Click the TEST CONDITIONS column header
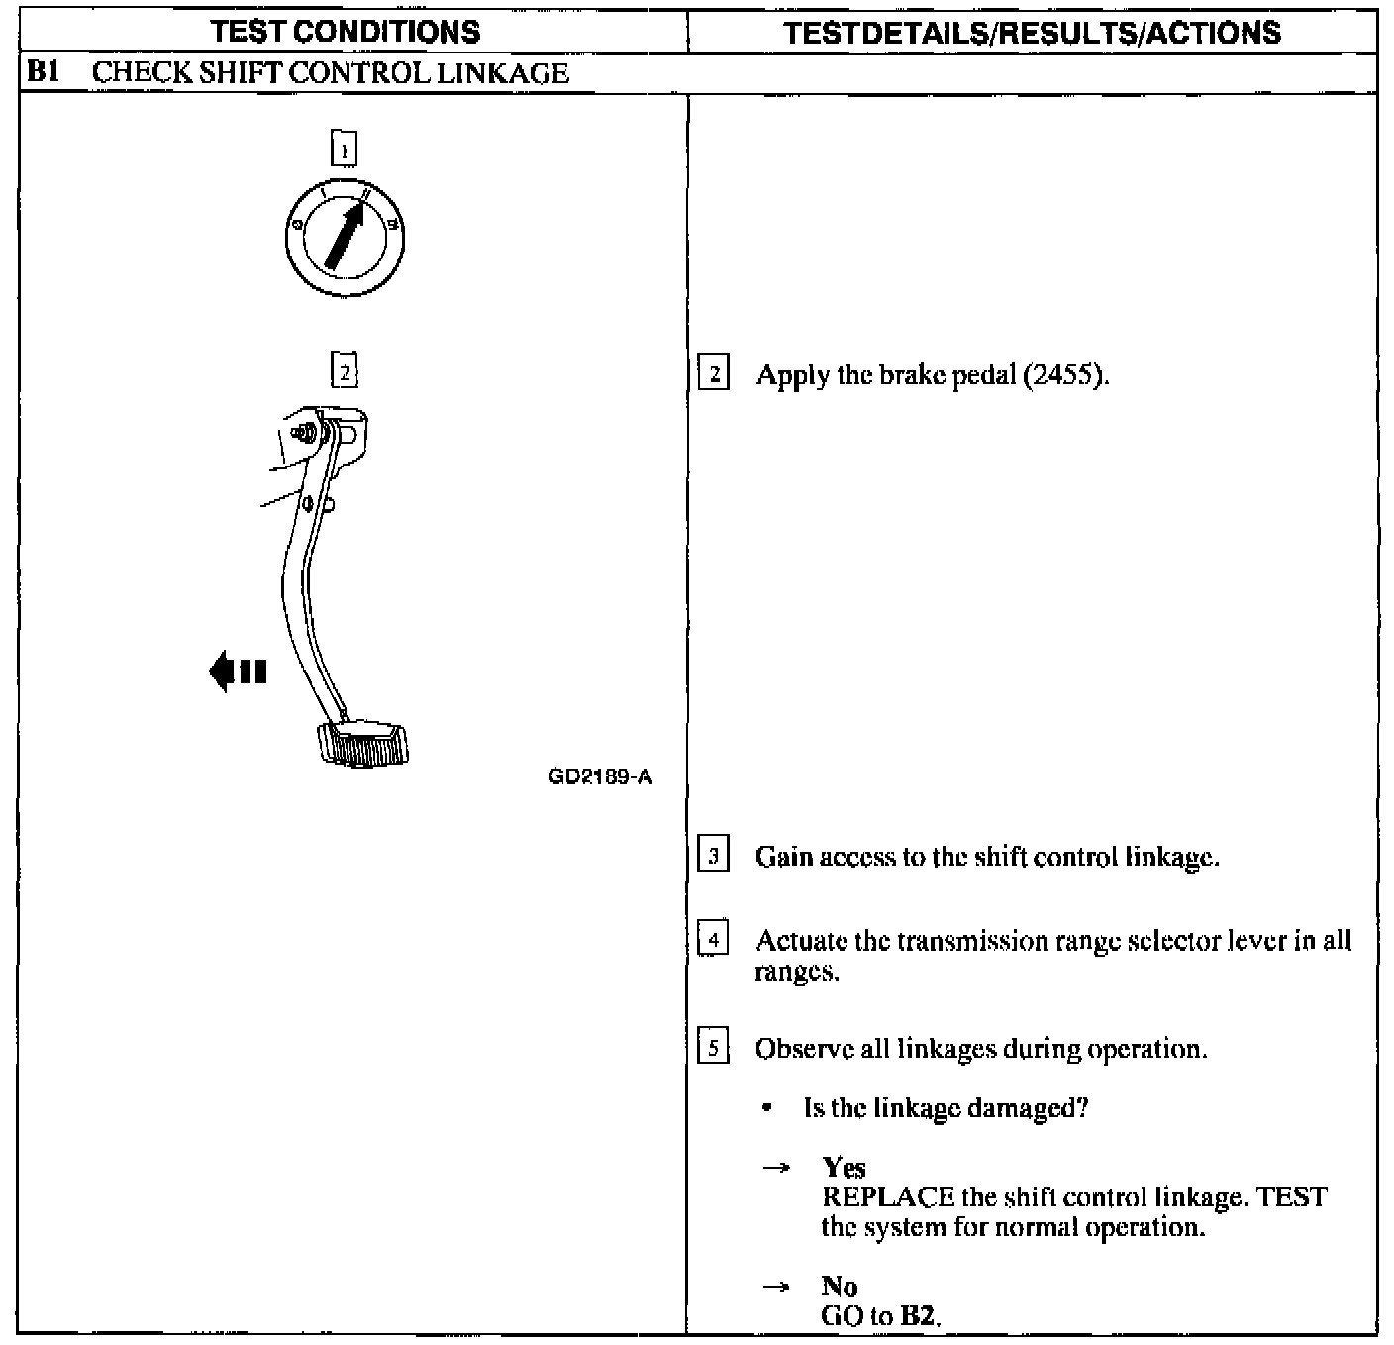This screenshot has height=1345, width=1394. pos(346,32)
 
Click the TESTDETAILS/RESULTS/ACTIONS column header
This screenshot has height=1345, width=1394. pos(1032,32)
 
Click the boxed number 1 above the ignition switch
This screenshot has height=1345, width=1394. pos(344,150)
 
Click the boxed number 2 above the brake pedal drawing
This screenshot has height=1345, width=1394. pos(344,371)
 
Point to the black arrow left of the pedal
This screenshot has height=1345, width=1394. pos(238,671)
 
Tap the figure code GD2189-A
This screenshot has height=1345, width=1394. pos(600,777)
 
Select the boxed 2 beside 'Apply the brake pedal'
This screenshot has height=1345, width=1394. pos(714,375)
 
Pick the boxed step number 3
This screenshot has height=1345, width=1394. pos(714,854)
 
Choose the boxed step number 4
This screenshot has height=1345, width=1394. pos(714,938)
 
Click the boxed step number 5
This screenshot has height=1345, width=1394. pos(714,1047)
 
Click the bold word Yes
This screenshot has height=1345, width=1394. pos(844,1168)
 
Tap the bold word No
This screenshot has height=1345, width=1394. pos(840,1286)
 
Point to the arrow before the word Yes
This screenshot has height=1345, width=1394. pos(776,1169)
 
